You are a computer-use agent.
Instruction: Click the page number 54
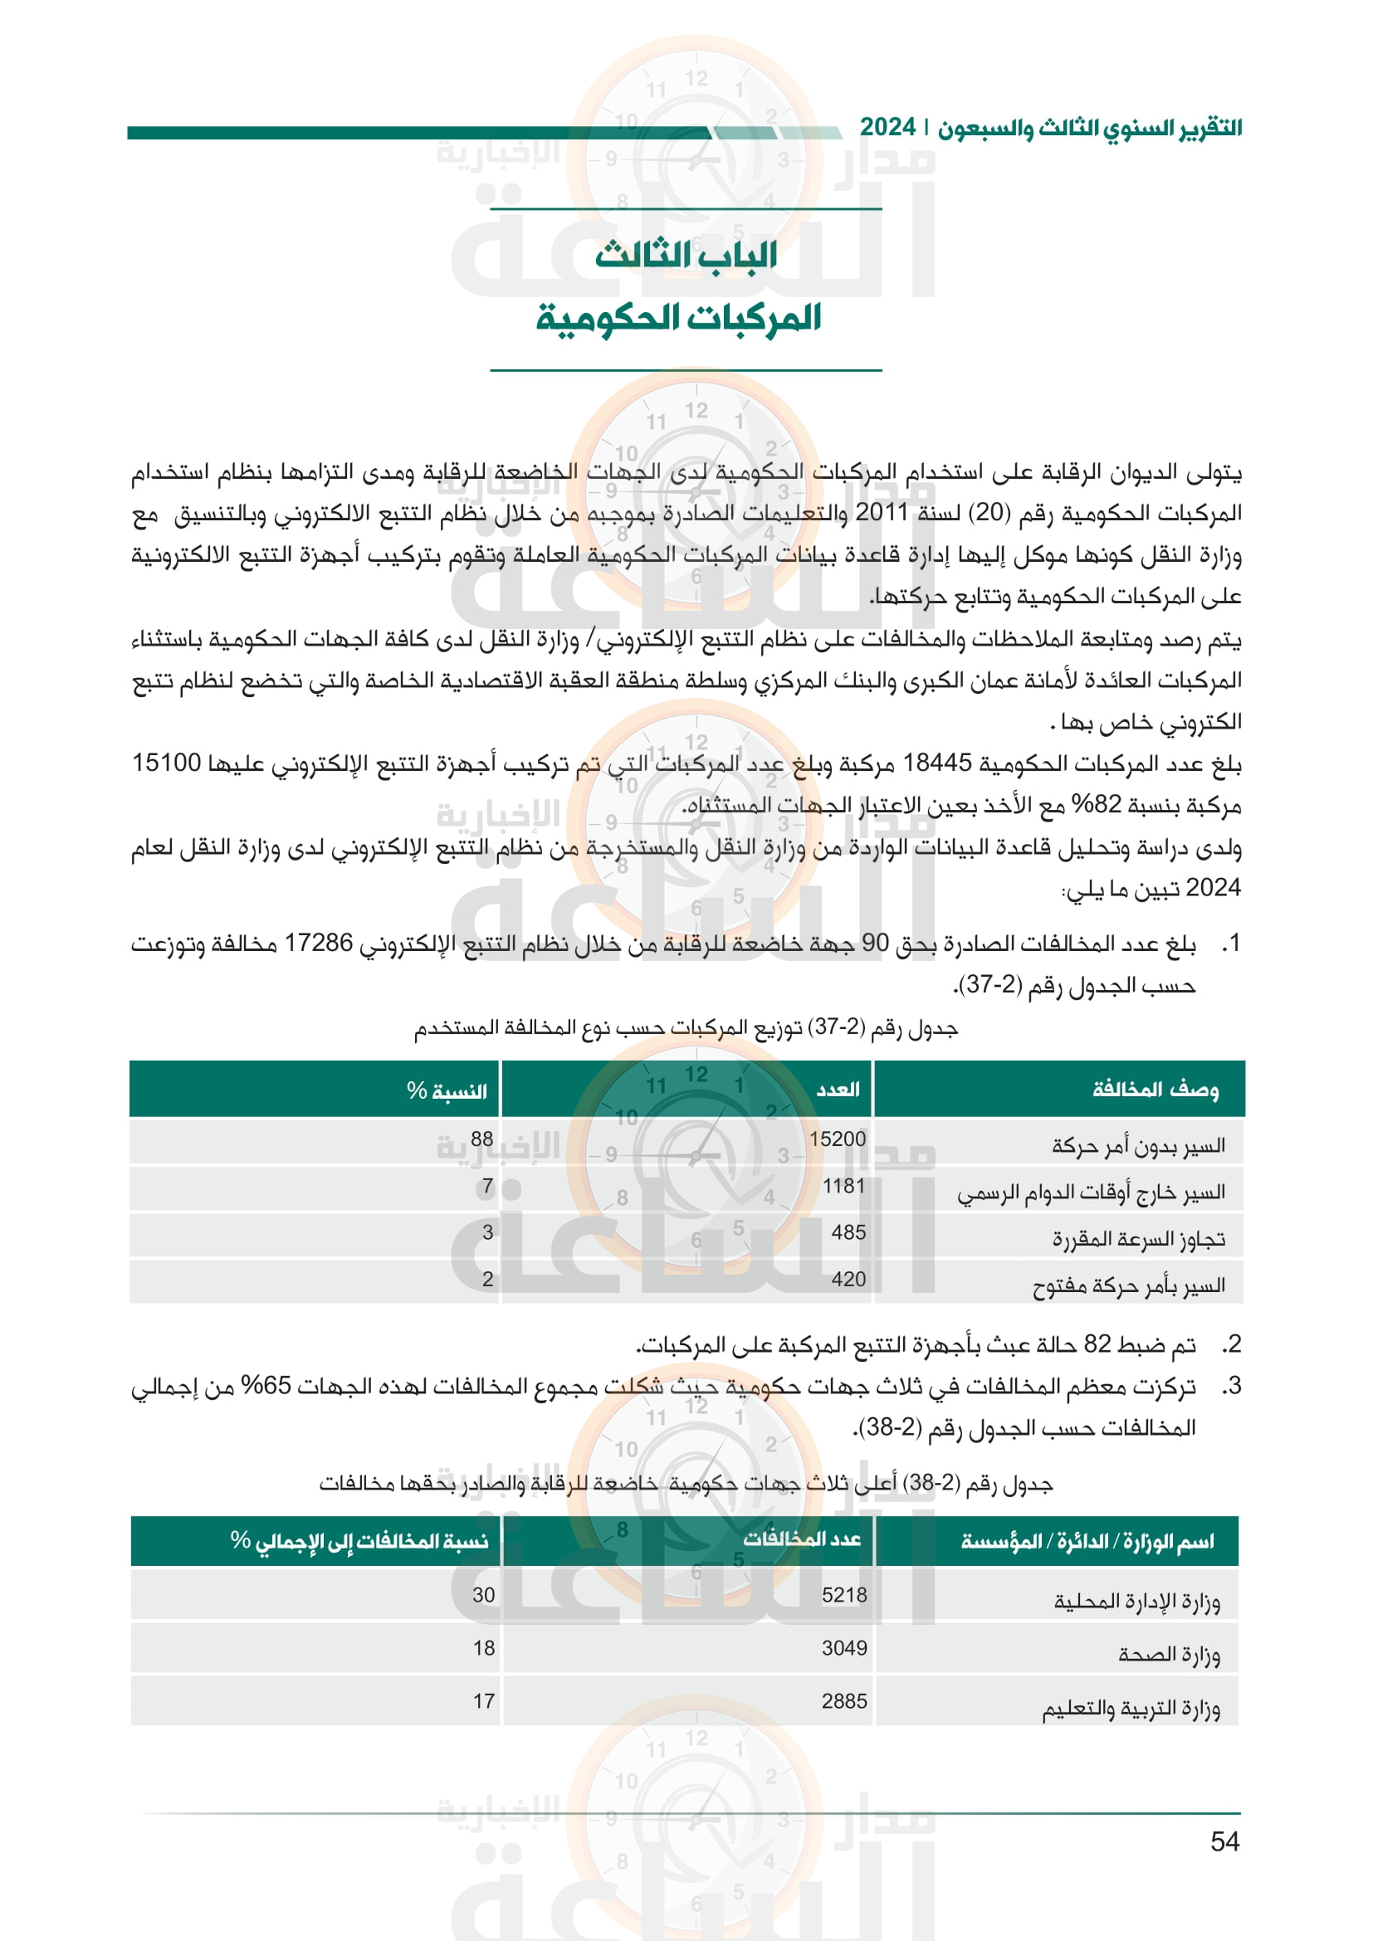[1224, 1841]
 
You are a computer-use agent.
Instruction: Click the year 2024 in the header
[887, 128]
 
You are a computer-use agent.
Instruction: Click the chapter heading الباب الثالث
[686, 255]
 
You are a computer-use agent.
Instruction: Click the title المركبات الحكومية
[679, 318]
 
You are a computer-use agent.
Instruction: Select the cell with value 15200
[837, 1139]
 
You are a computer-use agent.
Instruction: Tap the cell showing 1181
[843, 1185]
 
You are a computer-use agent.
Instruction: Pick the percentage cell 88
[482, 1139]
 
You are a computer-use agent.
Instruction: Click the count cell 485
[848, 1231]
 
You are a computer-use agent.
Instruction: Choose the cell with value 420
[848, 1278]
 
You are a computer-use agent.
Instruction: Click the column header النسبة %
[447, 1090]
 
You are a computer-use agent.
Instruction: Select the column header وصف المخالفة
[1155, 1090]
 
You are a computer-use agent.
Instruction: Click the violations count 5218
[843, 1594]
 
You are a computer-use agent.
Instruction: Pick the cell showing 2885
[843, 1701]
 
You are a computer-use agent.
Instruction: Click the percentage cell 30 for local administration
[484, 1594]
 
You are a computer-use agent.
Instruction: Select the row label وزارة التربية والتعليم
[1131, 1709]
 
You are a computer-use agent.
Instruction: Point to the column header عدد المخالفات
[802, 1539]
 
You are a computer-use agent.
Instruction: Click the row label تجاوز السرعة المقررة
[1138, 1239]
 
